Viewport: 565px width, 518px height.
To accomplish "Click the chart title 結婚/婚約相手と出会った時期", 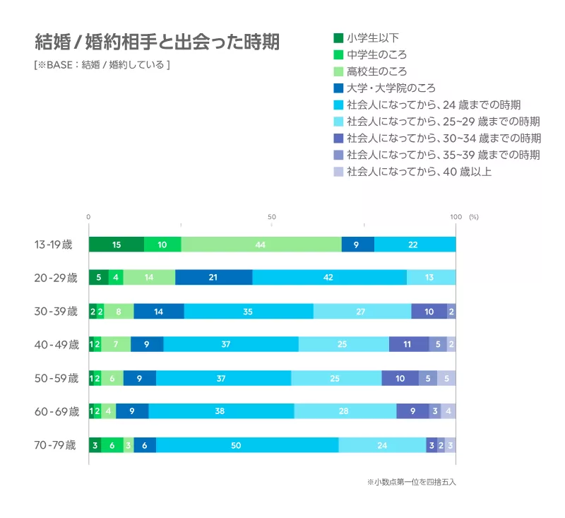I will coord(157,42).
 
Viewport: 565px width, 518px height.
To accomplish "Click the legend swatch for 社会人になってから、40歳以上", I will coord(338,172).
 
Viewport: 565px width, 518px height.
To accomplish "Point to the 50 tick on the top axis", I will coord(272,216).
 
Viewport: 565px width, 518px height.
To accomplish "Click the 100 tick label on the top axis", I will coord(456,216).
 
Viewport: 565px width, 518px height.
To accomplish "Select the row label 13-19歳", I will coord(54,245).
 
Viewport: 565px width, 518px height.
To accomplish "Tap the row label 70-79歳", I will coord(55,445).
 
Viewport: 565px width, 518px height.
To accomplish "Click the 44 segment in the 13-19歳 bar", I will coord(261,245).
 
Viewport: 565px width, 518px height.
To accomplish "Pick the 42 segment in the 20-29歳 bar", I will coord(329,278).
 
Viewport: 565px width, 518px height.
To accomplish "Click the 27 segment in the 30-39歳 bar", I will coord(362,311).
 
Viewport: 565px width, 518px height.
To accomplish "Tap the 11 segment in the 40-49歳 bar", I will coord(408,345).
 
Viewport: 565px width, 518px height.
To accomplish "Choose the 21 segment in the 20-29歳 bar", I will coord(213,278).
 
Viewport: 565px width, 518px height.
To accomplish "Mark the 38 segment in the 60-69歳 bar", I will coord(221,411).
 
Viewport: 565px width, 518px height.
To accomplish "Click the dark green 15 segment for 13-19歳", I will coord(117,245).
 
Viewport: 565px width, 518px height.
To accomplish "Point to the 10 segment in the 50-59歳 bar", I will coord(400,378).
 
